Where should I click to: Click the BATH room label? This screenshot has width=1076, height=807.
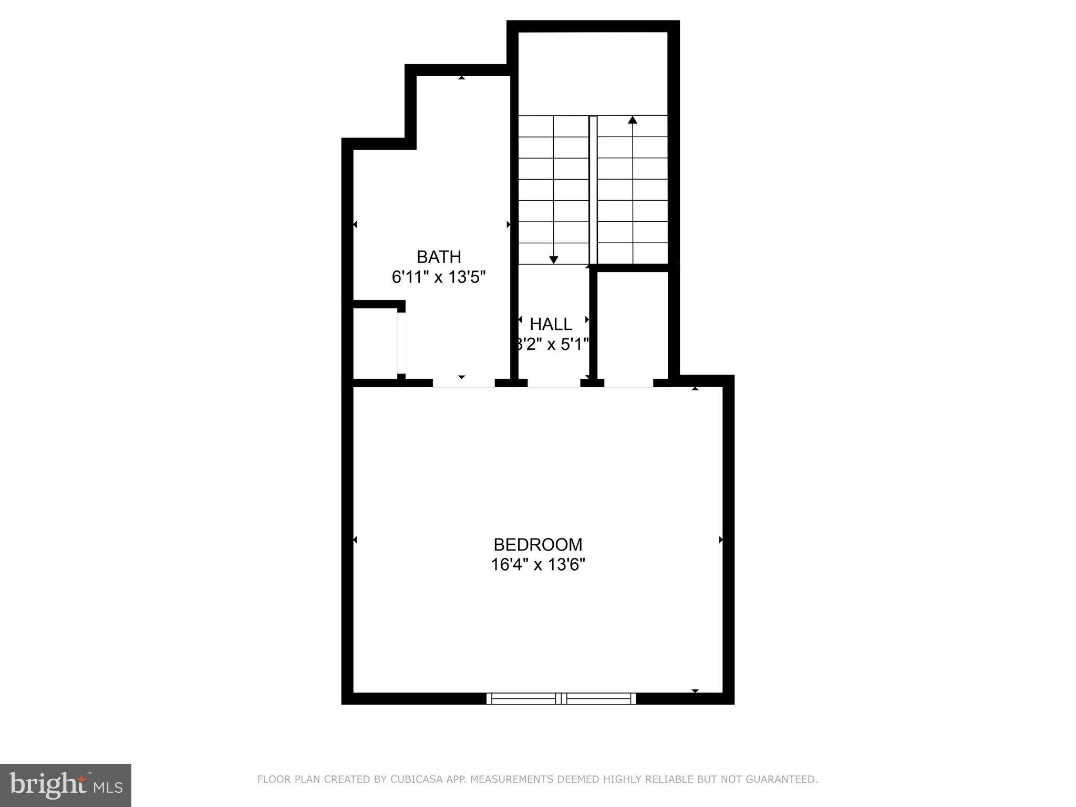coord(439,257)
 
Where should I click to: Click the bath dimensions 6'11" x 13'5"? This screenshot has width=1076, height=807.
coord(439,277)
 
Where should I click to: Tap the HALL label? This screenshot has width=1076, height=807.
coord(551,324)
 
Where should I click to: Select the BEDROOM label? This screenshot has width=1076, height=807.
coord(538,544)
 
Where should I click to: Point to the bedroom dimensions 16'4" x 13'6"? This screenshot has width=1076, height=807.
coord(538,565)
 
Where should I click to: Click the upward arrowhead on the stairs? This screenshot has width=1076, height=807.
coord(633,120)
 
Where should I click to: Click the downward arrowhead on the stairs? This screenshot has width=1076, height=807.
coord(553,260)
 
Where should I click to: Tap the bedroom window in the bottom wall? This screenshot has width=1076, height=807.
coord(561,698)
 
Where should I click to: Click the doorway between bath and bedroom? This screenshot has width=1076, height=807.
coord(463,384)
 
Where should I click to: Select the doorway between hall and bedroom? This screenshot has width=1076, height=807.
coord(554,384)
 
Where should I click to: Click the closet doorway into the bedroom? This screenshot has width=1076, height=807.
coord(628,384)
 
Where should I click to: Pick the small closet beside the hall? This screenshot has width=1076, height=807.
coord(633,324)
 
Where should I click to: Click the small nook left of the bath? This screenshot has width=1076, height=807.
coord(374,343)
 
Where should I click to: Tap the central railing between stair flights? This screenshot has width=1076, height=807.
coord(593,189)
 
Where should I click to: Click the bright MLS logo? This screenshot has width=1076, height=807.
coord(66,785)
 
